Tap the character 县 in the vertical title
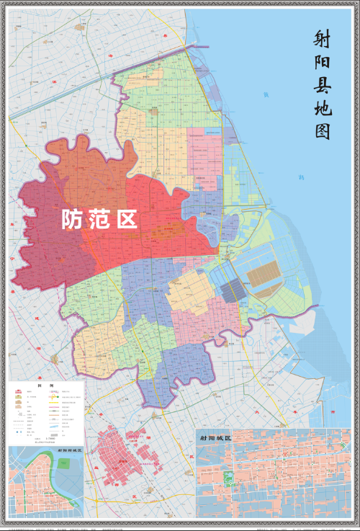point(321,85)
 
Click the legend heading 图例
point(47,385)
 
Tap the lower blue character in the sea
point(301,177)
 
